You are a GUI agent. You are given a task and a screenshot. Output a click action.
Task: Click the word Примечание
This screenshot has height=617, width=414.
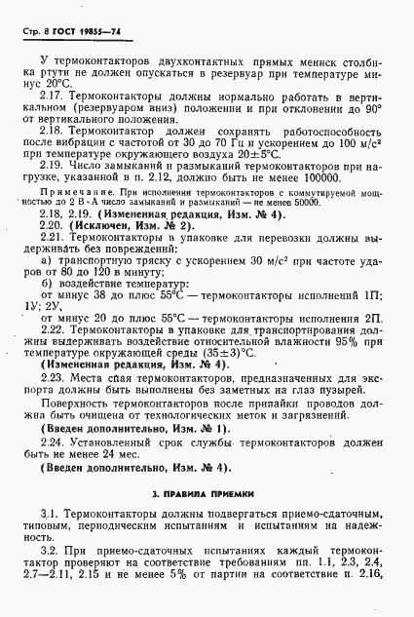[x=72, y=193]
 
